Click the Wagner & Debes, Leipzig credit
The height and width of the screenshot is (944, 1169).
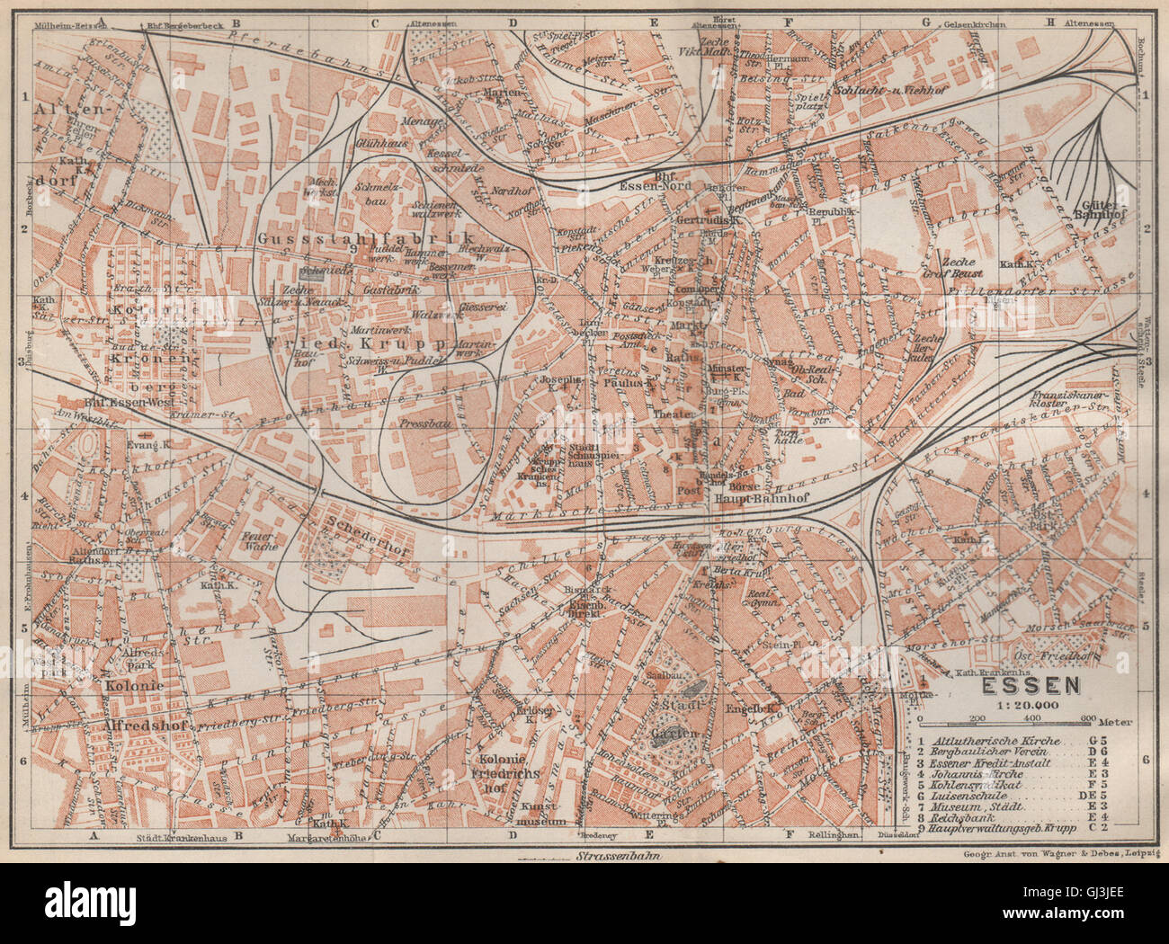coord(1059,854)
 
